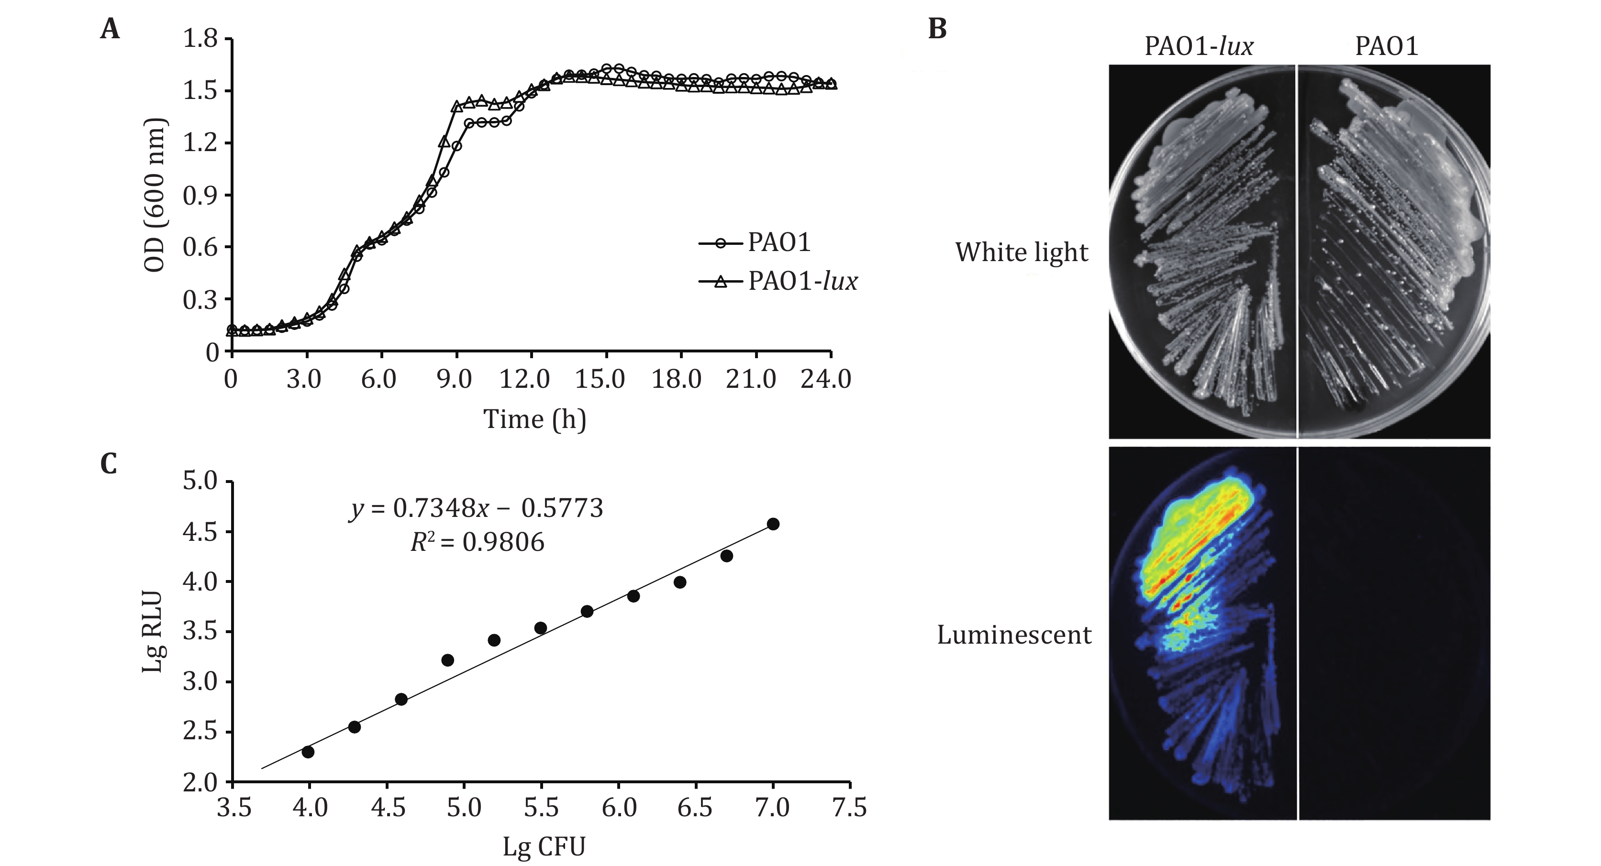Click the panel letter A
pyautogui.click(x=110, y=29)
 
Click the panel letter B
pyautogui.click(x=937, y=29)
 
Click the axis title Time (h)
pyautogui.click(x=534, y=419)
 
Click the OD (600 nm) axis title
pyautogui.click(x=155, y=196)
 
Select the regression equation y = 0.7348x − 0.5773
pyautogui.click(x=476, y=509)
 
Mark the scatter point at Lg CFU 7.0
pyautogui.click(x=773, y=524)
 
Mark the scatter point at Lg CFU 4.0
pyautogui.click(x=308, y=752)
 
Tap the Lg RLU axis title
pyautogui.click(x=152, y=632)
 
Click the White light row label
pyautogui.click(x=1021, y=252)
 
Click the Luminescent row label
pyautogui.click(x=1014, y=635)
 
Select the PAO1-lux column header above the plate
pyautogui.click(x=1199, y=46)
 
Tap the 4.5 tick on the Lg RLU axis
pyautogui.click(x=200, y=532)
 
